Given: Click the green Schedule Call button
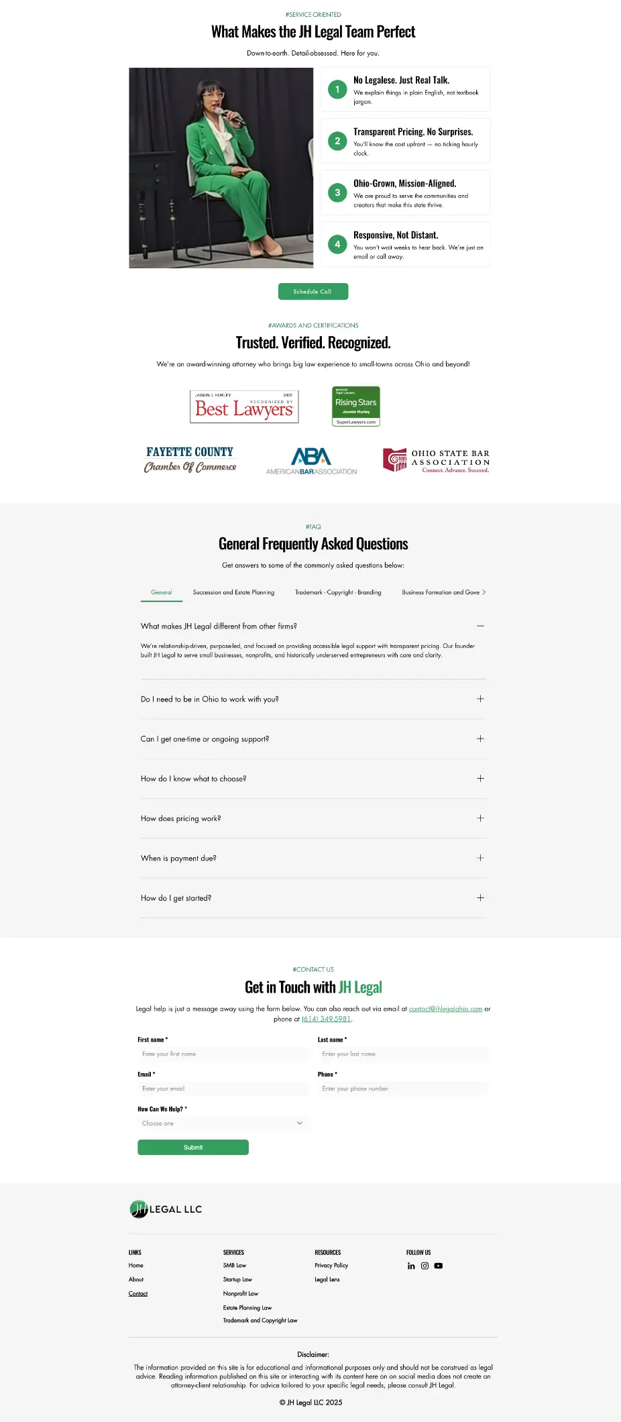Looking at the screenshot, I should [313, 292].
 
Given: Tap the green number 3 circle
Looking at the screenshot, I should [337, 193].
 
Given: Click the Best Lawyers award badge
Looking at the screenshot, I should [244, 407].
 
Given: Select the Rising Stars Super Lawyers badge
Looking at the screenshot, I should [356, 406].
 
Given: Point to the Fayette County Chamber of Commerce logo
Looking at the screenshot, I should [190, 459].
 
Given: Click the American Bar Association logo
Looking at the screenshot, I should [311, 461].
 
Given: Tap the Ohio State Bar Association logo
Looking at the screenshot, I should [436, 461].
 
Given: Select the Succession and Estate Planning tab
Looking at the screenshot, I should [233, 593].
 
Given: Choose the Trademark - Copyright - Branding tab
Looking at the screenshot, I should [338, 593].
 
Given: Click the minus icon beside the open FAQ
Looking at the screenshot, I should [480, 626].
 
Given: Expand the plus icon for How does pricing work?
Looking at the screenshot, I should [480, 818].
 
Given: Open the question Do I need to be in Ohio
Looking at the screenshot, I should [210, 700].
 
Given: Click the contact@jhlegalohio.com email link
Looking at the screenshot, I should [445, 1009].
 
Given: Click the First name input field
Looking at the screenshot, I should [223, 1054].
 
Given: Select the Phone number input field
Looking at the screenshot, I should [403, 1089].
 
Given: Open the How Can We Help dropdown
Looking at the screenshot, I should [223, 1124].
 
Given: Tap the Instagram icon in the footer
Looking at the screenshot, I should [425, 1266].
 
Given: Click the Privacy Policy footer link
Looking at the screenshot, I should [331, 1266].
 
